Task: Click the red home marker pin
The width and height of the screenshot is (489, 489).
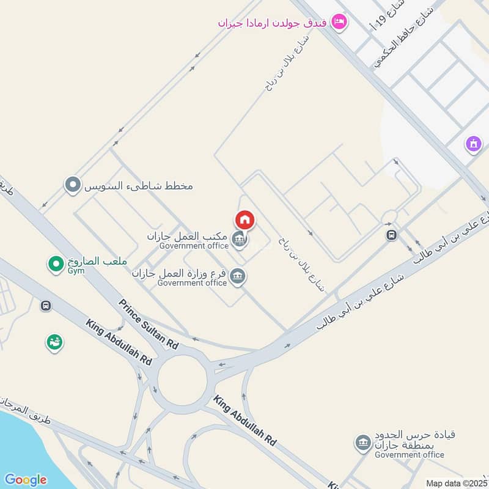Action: point(244,219)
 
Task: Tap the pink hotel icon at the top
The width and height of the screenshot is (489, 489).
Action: point(338,23)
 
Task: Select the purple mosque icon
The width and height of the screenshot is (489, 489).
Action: point(474,144)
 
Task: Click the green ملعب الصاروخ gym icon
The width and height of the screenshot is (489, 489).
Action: point(56,264)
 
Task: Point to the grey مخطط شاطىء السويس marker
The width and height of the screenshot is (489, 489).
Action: point(73,184)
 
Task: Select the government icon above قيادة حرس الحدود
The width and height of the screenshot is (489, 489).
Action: point(364,441)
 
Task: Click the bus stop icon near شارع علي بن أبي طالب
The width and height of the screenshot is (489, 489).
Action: point(391,235)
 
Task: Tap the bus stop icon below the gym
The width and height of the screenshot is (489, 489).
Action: point(45,305)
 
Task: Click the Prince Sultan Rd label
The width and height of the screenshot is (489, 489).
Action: point(149,325)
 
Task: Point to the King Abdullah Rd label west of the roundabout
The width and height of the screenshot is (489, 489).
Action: point(119,342)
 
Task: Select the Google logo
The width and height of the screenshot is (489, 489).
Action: point(25,479)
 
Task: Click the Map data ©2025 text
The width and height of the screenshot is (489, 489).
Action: point(455,483)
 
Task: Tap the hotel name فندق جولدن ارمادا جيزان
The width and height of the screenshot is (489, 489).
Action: point(273,23)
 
